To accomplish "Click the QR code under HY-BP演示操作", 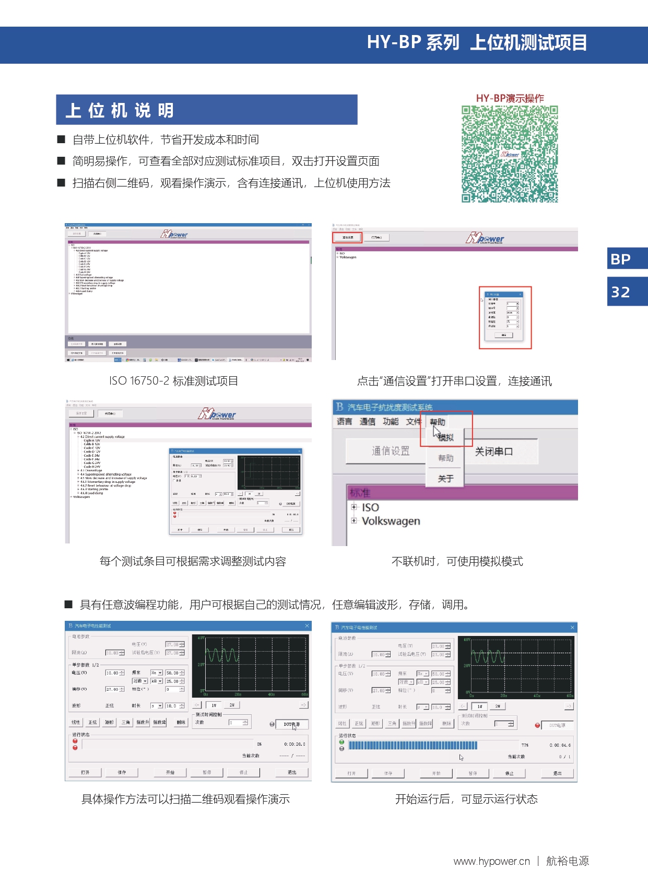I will (510, 154).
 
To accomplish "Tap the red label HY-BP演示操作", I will (510, 98).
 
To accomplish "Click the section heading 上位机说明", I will (120, 110).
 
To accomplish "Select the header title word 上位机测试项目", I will (528, 43).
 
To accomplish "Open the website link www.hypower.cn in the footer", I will (491, 861).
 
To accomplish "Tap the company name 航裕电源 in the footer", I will (568, 861).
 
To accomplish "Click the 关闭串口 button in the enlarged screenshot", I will (494, 451).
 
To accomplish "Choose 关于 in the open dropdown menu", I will (445, 479).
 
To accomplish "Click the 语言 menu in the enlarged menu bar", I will (344, 422).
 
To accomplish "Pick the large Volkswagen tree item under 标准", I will (391, 521).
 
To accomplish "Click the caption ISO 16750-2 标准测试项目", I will (173, 381).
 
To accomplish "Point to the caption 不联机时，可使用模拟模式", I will (457, 561).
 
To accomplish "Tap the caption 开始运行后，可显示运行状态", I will (466, 799).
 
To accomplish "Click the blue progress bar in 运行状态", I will (413, 745).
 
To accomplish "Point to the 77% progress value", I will (525, 745).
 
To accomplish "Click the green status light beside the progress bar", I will (341, 742).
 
